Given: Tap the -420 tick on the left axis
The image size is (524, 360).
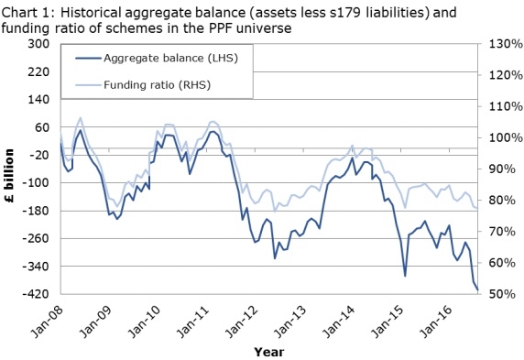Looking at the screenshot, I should [x=36, y=294].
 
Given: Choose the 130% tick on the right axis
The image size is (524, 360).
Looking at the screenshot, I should [x=504, y=44].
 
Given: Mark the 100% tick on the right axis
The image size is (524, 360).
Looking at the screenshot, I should [x=504, y=138].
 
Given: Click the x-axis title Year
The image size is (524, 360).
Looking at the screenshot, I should [x=268, y=350].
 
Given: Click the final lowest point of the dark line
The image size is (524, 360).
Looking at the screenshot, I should [x=478, y=289].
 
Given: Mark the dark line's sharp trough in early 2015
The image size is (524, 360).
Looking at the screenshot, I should [x=405, y=275].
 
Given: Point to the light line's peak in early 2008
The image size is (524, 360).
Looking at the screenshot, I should [x=80, y=118].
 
